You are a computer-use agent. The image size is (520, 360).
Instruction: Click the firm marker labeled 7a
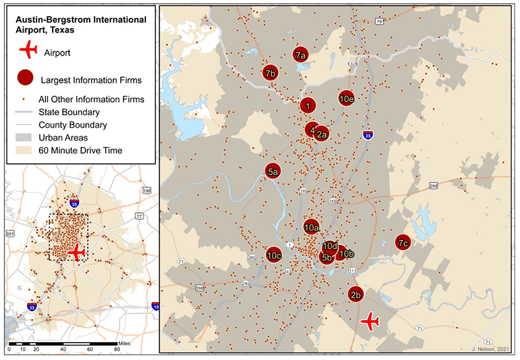(x=301, y=55)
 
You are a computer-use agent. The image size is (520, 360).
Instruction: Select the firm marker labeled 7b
(x=270, y=73)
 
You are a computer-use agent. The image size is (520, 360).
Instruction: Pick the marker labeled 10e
(x=347, y=98)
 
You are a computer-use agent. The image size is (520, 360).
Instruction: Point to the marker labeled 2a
(x=321, y=133)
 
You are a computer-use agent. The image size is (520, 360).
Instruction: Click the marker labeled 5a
(x=273, y=170)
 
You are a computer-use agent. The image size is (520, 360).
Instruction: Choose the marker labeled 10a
(x=311, y=227)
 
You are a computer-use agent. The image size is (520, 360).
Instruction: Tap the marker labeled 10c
(x=274, y=254)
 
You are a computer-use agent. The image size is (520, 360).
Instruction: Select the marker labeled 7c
(x=402, y=242)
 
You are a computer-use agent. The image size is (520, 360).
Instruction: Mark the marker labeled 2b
(x=355, y=294)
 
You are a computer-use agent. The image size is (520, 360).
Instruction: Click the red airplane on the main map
(x=370, y=321)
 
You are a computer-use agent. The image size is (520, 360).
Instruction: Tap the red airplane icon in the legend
(x=28, y=51)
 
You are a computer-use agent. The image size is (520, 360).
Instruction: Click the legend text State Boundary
(x=69, y=112)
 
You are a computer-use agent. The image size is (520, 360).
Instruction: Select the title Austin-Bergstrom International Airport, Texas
(x=80, y=25)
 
